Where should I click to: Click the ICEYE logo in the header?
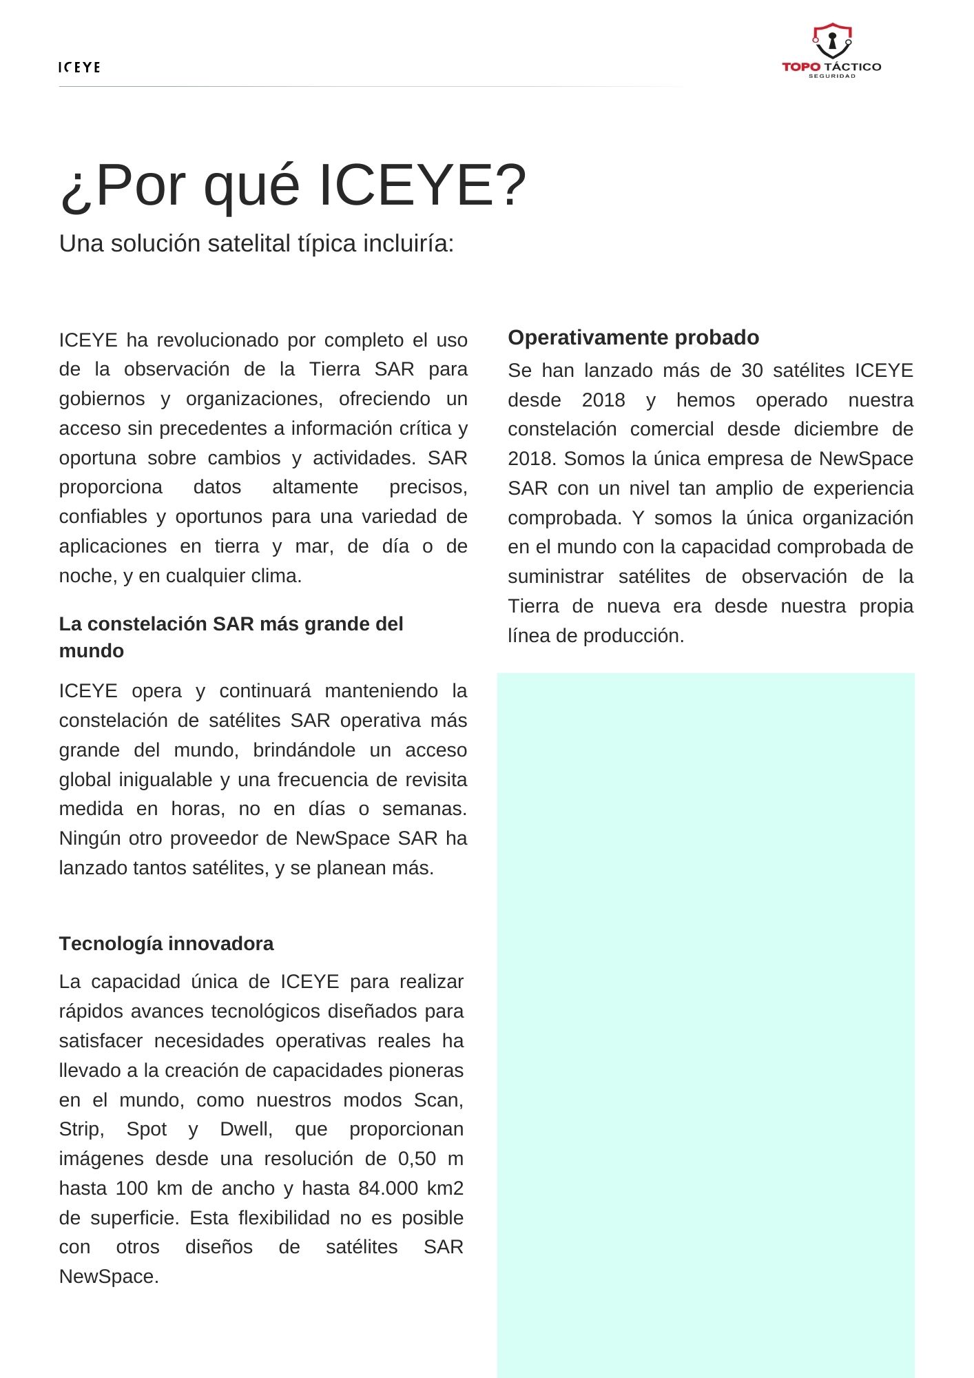click(79, 67)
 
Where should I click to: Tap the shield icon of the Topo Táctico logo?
click(831, 41)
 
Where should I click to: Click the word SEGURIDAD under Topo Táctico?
click(831, 76)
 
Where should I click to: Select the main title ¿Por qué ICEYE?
click(293, 185)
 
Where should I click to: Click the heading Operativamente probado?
click(633, 338)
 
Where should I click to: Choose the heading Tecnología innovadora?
click(166, 943)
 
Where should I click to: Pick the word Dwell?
click(245, 1129)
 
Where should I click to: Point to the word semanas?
click(424, 809)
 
